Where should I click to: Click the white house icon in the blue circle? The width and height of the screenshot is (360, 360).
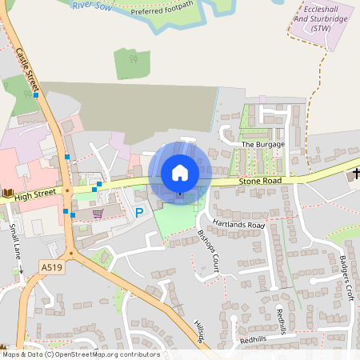(x=180, y=173)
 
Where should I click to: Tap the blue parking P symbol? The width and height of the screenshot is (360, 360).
(x=139, y=213)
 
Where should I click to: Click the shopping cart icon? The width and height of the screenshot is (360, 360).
(x=98, y=213)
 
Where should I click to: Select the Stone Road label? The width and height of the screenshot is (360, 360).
(x=255, y=183)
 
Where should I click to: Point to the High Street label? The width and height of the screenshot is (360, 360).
(x=34, y=194)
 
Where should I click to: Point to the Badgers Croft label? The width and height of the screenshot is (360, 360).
(x=346, y=276)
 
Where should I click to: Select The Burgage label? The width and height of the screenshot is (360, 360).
(x=262, y=144)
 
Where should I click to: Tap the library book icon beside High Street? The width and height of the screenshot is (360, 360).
(x=7, y=194)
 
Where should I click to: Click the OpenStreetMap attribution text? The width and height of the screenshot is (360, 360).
(x=80, y=354)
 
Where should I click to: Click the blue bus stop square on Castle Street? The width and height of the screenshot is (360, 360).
(x=36, y=95)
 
